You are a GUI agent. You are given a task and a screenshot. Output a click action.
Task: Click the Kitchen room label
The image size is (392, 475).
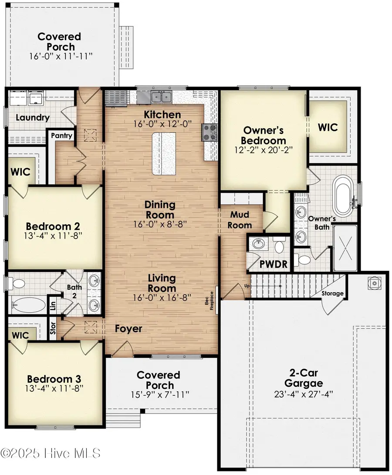point(162,115)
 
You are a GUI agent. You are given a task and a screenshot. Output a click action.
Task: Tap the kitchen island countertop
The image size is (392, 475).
point(164,154)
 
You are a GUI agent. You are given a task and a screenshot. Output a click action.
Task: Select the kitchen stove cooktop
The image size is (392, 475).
point(210,133)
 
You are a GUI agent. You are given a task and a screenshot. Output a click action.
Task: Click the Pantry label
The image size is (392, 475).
point(61,135)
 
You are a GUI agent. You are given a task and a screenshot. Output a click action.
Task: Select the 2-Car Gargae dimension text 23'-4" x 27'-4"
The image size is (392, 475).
point(304,394)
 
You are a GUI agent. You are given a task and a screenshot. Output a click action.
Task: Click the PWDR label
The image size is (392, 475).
point(274,264)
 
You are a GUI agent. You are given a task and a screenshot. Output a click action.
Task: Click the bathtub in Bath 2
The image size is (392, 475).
point(28,305)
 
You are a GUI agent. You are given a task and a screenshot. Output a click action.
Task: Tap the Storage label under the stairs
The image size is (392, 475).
point(332,293)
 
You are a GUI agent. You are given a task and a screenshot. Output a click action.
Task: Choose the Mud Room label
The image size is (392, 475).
point(240,220)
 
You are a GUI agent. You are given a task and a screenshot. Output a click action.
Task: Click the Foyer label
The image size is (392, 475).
point(128,329)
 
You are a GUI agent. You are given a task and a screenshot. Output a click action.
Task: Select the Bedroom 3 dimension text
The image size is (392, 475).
point(54,388)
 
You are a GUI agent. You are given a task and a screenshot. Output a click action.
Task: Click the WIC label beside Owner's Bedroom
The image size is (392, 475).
point(328,127)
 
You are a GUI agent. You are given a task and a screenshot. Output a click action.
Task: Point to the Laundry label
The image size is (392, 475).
point(32,118)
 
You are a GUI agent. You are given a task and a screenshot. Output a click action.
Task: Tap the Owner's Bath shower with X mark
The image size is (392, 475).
point(345,247)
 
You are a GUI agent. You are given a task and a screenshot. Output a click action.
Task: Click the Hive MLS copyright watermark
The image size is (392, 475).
point(51,454)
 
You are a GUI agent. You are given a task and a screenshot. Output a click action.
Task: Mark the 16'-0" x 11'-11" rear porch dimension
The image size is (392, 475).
point(61,56)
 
